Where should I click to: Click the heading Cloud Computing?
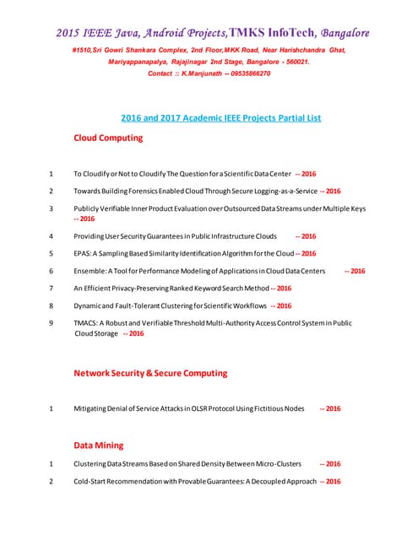tap(108, 138)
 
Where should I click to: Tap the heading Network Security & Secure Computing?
tap(150, 372)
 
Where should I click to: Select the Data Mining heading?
tap(98, 445)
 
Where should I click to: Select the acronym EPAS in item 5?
tap(83, 253)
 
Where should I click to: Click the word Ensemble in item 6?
tap(90, 271)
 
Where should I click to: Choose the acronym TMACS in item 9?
tap(86, 323)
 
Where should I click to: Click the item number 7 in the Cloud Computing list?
tap(52, 289)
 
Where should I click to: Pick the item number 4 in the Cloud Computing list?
tap(52, 236)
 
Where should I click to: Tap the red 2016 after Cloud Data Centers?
tap(356, 271)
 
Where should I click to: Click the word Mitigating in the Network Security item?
tap(94, 408)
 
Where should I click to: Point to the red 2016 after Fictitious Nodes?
tap(332, 408)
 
